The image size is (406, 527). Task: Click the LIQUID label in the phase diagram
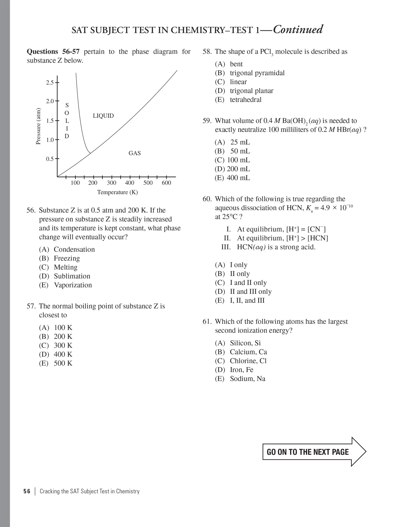(103, 116)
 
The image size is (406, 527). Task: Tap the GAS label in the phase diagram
(135, 153)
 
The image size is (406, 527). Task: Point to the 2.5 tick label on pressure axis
(50, 83)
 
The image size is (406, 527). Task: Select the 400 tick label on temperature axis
(129, 183)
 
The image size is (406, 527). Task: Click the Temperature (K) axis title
(117, 192)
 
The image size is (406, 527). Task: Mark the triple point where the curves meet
(90, 153)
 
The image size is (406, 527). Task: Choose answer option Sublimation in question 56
(72, 276)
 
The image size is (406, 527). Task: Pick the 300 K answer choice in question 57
(63, 346)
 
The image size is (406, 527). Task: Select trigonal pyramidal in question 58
(257, 73)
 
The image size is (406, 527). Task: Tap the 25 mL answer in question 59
(240, 142)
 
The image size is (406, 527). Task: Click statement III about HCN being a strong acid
(276, 247)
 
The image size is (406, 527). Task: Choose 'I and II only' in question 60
(248, 283)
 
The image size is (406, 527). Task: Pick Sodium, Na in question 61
(247, 379)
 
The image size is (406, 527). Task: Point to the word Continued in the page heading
(298, 30)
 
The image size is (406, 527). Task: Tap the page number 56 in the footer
(27, 491)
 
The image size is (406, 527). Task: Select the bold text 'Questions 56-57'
(53, 52)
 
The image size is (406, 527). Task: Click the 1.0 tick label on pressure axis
(50, 140)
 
